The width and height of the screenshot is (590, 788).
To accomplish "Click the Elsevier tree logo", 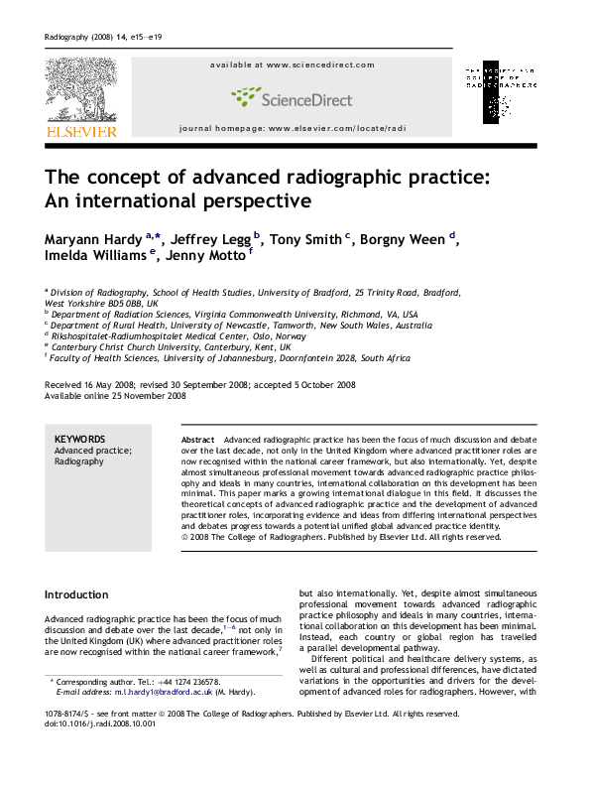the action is [x=79, y=88].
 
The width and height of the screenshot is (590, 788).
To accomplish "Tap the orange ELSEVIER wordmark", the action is [x=79, y=130].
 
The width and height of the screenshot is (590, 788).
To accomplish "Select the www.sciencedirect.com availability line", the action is [x=292, y=66].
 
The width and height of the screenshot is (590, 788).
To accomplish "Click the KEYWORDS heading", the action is [x=76, y=438].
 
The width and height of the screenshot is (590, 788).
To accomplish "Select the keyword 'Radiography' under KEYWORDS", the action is [x=78, y=461].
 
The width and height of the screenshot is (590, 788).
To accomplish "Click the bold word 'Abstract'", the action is [x=198, y=438].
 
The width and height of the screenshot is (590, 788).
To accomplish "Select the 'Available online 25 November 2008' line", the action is [x=115, y=396].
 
